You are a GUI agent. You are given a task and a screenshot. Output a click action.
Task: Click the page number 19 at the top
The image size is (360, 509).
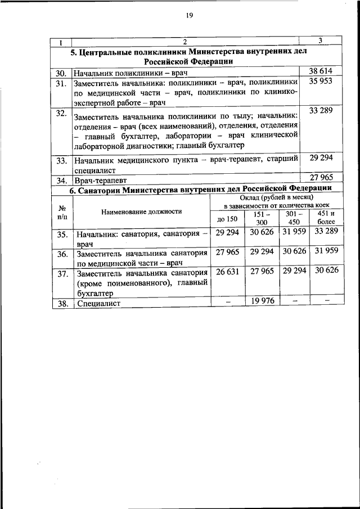(189, 16)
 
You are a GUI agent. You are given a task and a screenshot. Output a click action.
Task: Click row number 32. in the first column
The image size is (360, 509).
(61, 114)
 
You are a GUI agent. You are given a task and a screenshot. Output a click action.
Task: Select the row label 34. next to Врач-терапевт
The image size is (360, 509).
(61, 181)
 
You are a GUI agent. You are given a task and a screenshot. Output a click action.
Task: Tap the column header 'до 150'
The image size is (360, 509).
(224, 219)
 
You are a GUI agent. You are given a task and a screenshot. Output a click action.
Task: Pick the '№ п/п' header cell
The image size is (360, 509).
(62, 211)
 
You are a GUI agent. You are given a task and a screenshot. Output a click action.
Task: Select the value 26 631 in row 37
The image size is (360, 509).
(224, 271)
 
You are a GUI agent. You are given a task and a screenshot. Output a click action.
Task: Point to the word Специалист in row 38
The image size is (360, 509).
(98, 303)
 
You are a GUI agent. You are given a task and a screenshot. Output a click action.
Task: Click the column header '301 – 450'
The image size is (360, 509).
(294, 218)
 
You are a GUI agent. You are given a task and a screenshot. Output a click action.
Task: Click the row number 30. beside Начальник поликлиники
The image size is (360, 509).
(61, 73)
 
